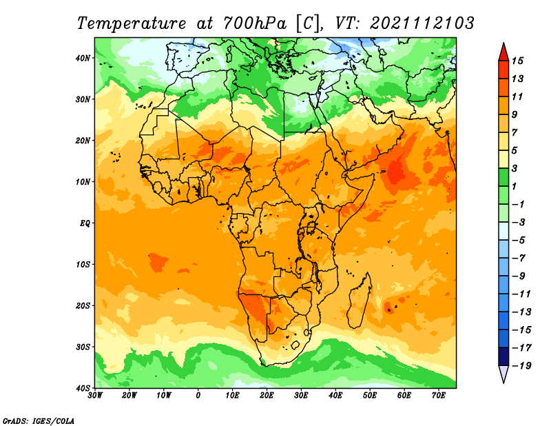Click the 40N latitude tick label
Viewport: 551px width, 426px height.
pos(82,58)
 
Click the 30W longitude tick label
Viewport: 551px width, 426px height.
pos(95,396)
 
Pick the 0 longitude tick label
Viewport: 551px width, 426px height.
pos(198,396)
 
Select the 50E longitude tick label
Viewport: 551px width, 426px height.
pos(370,396)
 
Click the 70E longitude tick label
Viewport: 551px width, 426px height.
pos(439,396)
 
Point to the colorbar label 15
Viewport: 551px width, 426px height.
pos(517,61)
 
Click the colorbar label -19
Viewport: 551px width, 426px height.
pos(521,365)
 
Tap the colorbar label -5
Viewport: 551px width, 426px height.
pos(519,241)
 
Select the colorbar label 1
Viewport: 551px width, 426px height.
pos(514,186)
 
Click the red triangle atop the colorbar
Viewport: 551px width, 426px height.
pos(503,52)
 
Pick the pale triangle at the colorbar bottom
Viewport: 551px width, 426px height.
pos(503,374)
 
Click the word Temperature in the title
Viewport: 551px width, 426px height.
pos(132,23)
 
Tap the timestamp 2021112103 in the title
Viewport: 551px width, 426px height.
pos(422,23)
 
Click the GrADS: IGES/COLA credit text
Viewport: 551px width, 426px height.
pos(39,420)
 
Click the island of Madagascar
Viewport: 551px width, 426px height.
pos(360,301)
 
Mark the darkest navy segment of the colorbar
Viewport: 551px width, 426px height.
pos(503,356)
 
